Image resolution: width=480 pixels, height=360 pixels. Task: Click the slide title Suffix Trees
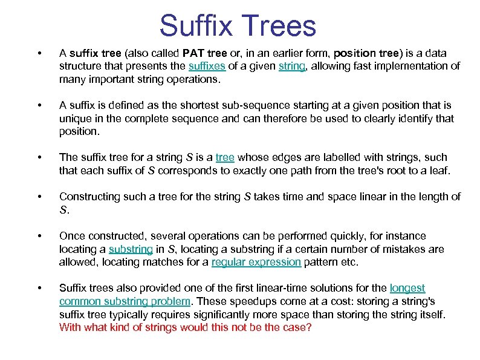(x=238, y=26)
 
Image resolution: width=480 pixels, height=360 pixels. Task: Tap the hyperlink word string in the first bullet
(x=291, y=66)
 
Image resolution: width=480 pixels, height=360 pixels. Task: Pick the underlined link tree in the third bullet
(x=224, y=157)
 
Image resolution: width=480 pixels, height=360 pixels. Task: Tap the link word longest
(x=407, y=288)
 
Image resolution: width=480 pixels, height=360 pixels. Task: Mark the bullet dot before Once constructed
(x=39, y=236)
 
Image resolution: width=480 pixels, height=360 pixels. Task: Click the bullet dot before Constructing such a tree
(x=39, y=197)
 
